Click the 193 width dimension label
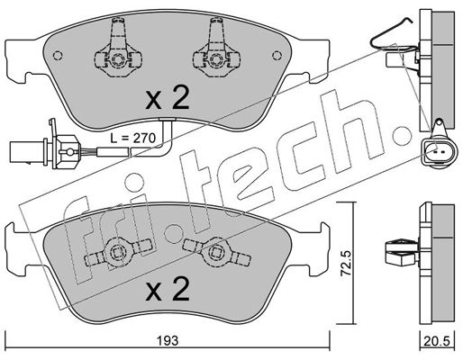168,340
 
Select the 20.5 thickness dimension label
437,341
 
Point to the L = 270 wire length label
132,138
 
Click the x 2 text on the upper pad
168,97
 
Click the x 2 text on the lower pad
168,289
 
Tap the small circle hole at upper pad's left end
58,55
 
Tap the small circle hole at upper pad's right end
277,55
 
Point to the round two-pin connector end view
439,151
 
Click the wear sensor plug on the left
45,148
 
